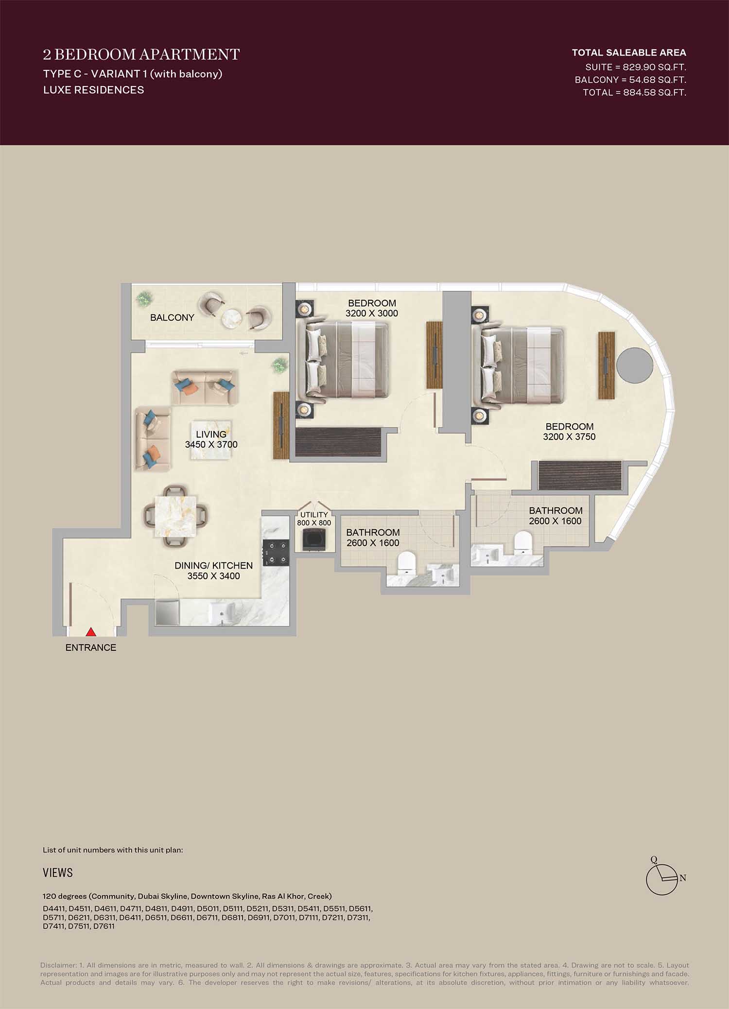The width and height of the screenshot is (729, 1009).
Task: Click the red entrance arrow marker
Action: pyautogui.click(x=91, y=632)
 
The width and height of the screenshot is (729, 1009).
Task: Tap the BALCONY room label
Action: pyautogui.click(x=172, y=317)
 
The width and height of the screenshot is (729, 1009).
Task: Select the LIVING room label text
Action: pyautogui.click(x=211, y=434)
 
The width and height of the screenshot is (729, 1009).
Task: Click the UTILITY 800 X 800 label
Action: pyautogui.click(x=314, y=519)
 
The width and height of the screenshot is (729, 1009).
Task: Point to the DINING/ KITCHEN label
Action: pyautogui.click(x=214, y=565)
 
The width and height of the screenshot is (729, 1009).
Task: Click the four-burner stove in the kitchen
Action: pyautogui.click(x=276, y=553)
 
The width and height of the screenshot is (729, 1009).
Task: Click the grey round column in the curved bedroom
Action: pyautogui.click(x=635, y=365)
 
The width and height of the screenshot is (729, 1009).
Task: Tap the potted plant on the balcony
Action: pyautogui.click(x=143, y=299)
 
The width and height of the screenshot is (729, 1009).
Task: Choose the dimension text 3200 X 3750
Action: pyautogui.click(x=569, y=436)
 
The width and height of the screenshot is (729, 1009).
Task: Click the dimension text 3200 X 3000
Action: pyautogui.click(x=372, y=313)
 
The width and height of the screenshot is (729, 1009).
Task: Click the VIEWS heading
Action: pyautogui.click(x=58, y=872)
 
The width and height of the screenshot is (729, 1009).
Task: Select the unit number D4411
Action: pyautogui.click(x=54, y=908)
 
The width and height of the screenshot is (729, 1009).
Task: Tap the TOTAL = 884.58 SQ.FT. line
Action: pyautogui.click(x=635, y=92)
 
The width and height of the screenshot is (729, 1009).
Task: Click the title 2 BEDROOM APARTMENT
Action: pyautogui.click(x=141, y=54)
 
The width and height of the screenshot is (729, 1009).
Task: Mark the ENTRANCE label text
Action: pyautogui.click(x=91, y=647)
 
